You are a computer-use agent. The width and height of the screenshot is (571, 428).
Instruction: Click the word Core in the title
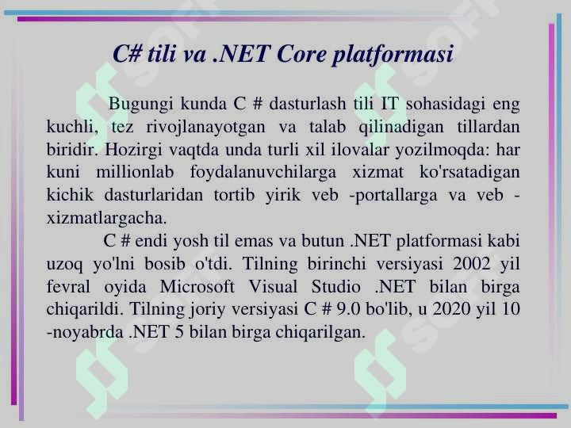[301, 54]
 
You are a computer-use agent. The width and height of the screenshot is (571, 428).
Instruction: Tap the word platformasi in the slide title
[393, 55]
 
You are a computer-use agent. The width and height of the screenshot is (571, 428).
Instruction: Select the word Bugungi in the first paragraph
[140, 104]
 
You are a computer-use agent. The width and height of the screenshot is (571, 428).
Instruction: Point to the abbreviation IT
[389, 104]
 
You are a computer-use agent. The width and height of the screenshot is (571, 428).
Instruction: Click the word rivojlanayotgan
[205, 128]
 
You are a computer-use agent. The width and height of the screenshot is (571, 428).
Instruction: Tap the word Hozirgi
[133, 151]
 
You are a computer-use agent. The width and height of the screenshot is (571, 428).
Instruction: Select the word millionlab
[135, 172]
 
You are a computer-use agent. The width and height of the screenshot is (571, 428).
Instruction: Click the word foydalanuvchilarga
[263, 173]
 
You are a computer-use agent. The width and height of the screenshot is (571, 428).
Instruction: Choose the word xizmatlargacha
[107, 218]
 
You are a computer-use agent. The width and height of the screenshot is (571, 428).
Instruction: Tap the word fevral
[68, 287]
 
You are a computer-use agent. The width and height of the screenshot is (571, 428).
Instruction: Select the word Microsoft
[197, 287]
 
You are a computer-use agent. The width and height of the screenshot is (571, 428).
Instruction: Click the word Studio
[335, 287]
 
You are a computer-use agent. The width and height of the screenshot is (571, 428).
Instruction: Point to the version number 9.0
[348, 309]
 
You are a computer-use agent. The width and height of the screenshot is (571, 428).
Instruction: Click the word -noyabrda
[85, 332]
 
